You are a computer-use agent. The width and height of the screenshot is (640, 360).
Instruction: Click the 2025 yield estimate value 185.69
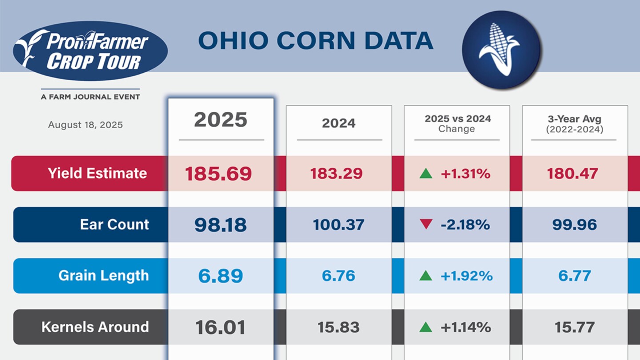pyautogui.click(x=218, y=174)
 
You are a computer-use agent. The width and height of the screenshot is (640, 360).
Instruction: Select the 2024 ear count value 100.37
pyautogui.click(x=338, y=225)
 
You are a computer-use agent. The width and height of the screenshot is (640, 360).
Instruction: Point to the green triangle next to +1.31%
pyautogui.click(x=426, y=173)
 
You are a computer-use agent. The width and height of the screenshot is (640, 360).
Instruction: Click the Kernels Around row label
pyautogui.click(x=95, y=327)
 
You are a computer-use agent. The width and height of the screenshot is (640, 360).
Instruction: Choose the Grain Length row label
pyautogui.click(x=104, y=276)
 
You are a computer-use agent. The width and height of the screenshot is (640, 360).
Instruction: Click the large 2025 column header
pyautogui.click(x=220, y=120)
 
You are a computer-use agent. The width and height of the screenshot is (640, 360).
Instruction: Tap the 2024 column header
pyautogui.click(x=339, y=123)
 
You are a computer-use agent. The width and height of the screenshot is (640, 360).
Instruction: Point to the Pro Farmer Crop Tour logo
pyautogui.click(x=90, y=51)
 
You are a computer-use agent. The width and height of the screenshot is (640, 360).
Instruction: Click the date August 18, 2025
pyautogui.click(x=85, y=125)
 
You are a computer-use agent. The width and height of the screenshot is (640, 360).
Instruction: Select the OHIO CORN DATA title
pyautogui.click(x=316, y=41)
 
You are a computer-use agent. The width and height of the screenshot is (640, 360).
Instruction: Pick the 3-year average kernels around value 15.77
pyautogui.click(x=574, y=328)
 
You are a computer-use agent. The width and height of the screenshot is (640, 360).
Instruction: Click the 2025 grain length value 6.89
pyautogui.click(x=220, y=276)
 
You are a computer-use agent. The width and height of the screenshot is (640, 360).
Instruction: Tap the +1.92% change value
pyautogui.click(x=466, y=276)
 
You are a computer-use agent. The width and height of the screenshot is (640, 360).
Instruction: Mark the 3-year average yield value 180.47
pyautogui.click(x=574, y=173)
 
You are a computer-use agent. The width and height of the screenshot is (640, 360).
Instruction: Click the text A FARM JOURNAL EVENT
pyautogui.click(x=90, y=97)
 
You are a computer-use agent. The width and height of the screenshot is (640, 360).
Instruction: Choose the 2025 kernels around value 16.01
pyautogui.click(x=220, y=328)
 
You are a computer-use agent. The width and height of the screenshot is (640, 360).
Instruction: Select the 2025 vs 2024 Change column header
pyautogui.click(x=457, y=124)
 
